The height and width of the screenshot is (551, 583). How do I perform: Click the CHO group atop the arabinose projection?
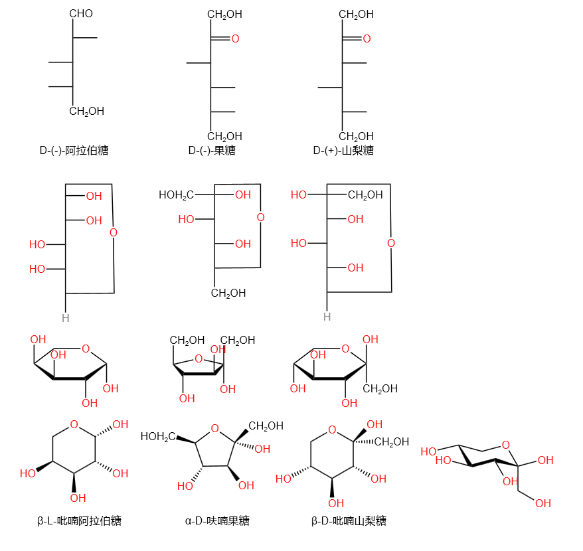[80, 14]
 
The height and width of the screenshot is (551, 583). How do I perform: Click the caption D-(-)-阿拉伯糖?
[74, 151]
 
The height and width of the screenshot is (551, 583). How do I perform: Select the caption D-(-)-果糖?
[212, 151]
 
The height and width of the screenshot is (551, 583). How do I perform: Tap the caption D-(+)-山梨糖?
[343, 151]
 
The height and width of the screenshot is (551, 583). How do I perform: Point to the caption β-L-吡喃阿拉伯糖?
[80, 520]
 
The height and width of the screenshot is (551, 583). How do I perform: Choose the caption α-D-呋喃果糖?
[217, 520]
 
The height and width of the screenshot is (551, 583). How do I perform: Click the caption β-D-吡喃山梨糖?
[349, 520]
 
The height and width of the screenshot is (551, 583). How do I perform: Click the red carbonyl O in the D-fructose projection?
[235, 39]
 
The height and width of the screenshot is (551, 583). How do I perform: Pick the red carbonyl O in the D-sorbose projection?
[367, 39]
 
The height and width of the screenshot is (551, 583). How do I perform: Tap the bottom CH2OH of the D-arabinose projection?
[86, 112]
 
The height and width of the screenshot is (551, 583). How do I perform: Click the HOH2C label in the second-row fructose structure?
[176, 195]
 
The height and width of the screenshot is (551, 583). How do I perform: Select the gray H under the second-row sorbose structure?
[327, 317]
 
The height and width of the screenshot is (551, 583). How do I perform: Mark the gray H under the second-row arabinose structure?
[65, 318]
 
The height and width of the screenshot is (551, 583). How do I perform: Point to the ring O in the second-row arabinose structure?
[113, 232]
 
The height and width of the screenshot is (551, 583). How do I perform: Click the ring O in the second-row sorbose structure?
[390, 243]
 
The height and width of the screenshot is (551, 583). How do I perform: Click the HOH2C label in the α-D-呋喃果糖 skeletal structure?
[158, 436]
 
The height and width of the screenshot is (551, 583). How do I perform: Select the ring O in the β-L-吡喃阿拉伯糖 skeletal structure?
[74, 425]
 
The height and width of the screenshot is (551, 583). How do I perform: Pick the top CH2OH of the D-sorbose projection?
[356, 14]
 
